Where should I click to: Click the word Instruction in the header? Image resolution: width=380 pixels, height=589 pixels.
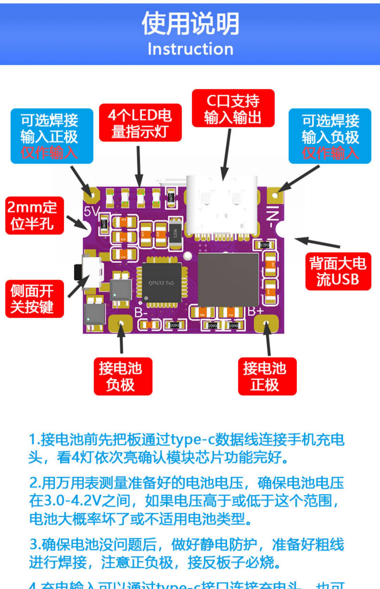point(190,49)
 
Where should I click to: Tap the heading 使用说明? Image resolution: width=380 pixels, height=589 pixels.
point(190,24)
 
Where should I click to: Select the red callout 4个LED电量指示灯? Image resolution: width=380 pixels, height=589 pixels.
point(140,123)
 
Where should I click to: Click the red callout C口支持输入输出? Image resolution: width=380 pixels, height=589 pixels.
point(233,108)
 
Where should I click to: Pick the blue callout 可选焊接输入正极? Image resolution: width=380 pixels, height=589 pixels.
point(52,136)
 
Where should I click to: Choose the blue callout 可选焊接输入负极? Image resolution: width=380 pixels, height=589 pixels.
point(330,136)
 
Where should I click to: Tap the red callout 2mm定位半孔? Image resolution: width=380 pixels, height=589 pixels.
point(34,215)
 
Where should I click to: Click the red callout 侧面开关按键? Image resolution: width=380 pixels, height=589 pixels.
point(34,299)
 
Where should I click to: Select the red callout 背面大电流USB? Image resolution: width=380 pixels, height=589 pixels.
point(338,271)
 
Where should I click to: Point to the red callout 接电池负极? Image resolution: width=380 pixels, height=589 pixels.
point(123,376)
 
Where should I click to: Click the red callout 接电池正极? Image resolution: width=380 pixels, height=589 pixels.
point(267,376)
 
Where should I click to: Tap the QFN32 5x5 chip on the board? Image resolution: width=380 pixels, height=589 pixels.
point(161,283)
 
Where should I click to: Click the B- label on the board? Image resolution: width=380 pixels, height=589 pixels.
point(141,313)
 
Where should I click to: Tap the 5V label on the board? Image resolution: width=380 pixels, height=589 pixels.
point(91,211)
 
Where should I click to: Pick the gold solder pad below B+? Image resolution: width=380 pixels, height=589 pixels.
point(266,323)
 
